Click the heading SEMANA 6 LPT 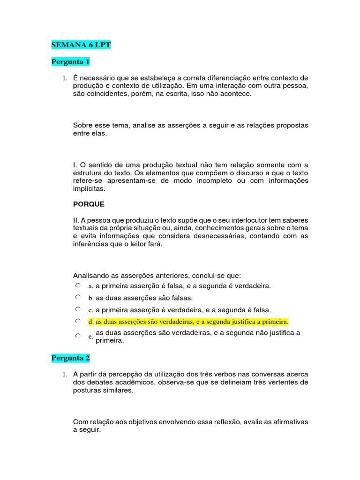coord(81,45)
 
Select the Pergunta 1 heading coord(70,62)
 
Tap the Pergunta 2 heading coord(70,358)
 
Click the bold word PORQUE coord(89,204)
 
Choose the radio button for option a coord(78,285)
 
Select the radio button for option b coord(78,297)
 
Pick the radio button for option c coord(78,309)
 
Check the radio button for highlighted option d coord(78,322)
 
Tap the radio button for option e coord(78,336)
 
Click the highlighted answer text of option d coord(192,322)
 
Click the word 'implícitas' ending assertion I coord(89,189)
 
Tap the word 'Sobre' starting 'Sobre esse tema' coord(83,126)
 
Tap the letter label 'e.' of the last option coord(90,337)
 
